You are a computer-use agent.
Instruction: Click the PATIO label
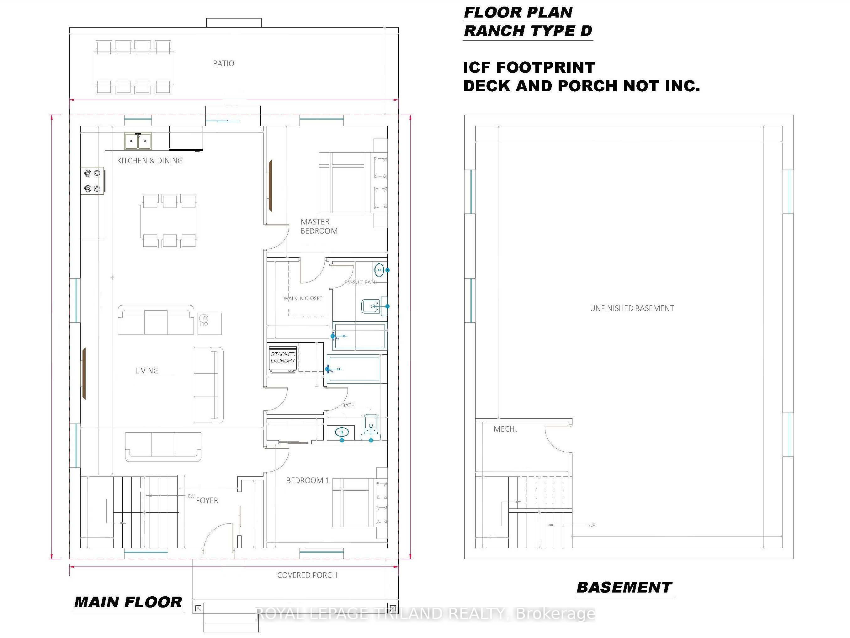tap(224, 63)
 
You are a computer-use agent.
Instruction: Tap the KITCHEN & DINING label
tap(150, 161)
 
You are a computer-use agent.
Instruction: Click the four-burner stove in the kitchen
tap(92, 181)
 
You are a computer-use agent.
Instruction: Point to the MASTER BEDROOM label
tap(319, 226)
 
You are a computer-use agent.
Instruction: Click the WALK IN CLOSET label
tap(303, 298)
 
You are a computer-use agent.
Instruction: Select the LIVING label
tap(147, 371)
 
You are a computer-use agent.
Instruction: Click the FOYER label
tap(207, 500)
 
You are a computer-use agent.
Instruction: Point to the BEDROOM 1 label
tap(308, 481)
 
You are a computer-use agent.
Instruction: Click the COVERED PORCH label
tap(307, 575)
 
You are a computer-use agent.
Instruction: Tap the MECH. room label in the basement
tap(505, 429)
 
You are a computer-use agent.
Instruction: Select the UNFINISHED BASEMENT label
tap(632, 308)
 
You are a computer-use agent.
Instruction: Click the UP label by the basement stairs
tap(592, 525)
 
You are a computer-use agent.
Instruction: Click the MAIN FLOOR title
tap(128, 602)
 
